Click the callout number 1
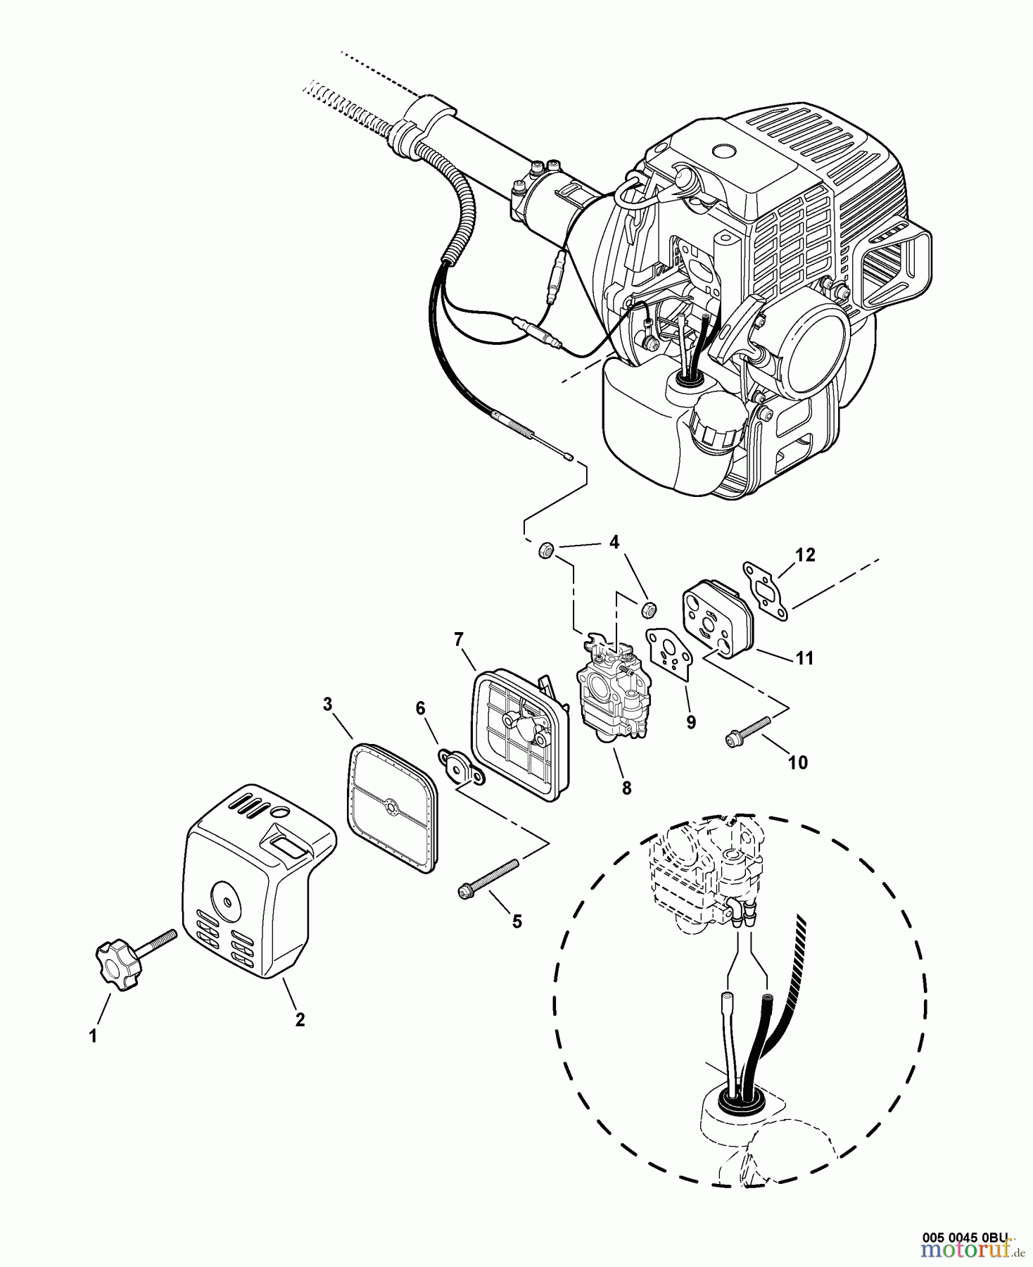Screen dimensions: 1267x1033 92,1035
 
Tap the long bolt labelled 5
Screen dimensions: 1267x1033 488,878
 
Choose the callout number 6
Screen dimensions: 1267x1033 421,707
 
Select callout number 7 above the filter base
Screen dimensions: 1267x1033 458,638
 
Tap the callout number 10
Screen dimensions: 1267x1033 797,762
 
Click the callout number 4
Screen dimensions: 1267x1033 614,542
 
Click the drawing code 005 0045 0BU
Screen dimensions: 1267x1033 965,1237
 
